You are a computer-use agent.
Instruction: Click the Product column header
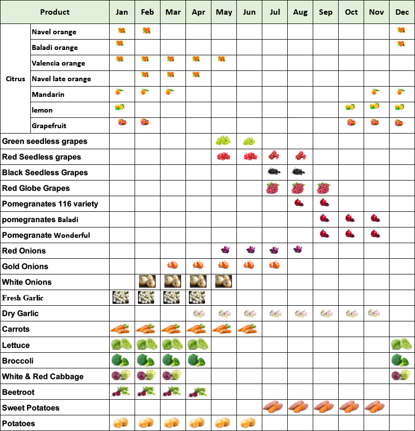[55, 12]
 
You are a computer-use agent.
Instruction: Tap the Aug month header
[300, 12]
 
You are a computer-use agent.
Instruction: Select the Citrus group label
[16, 79]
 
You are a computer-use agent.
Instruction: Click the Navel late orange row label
[61, 79]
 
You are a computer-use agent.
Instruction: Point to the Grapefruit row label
[49, 126]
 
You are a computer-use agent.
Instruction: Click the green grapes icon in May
[224, 141]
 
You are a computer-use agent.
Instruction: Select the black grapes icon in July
[275, 172]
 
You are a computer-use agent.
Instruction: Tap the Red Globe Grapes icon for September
[325, 188]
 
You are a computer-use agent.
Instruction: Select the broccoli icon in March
[172, 360]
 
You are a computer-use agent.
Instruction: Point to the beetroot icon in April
[198, 391]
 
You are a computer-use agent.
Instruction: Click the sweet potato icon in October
[351, 407]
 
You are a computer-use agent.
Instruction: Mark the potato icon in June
[249, 423]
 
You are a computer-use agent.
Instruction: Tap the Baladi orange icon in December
[401, 44]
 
